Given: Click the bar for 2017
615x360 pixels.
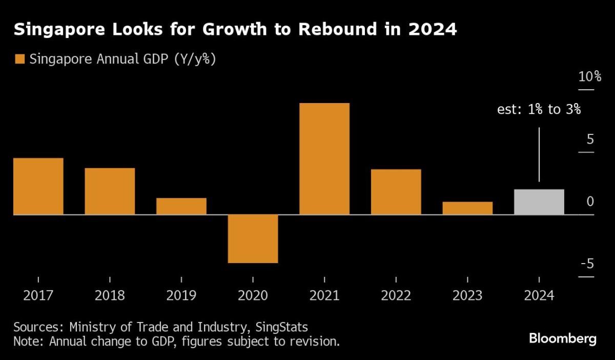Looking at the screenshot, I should point(38,186).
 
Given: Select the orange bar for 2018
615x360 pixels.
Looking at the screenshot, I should point(110,191).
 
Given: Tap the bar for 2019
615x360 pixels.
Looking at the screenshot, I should point(181,206).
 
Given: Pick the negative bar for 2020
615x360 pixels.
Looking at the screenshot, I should point(253,238).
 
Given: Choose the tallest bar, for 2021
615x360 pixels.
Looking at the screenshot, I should point(324,159).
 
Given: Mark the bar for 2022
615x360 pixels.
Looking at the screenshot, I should point(396,192).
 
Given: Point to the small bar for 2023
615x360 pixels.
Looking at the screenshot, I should point(467,208).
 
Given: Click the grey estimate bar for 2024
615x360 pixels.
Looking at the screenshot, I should point(539,202).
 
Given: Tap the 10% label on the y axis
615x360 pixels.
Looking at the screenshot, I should point(589,77).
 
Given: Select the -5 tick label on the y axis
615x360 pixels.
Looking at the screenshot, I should point(587,264).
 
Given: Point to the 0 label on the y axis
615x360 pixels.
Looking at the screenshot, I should point(590,202).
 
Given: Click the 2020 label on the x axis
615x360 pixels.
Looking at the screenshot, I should point(253,296).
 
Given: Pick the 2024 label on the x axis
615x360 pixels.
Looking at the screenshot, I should point(539,296).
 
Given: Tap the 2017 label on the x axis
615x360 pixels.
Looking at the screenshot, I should point(38,296).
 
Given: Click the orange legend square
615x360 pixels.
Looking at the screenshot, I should point(20,59).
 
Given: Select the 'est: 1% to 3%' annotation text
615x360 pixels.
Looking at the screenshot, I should point(539,109).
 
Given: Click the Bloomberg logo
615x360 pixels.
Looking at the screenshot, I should point(563,339).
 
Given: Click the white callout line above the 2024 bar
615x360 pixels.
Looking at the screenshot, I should point(539,154).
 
